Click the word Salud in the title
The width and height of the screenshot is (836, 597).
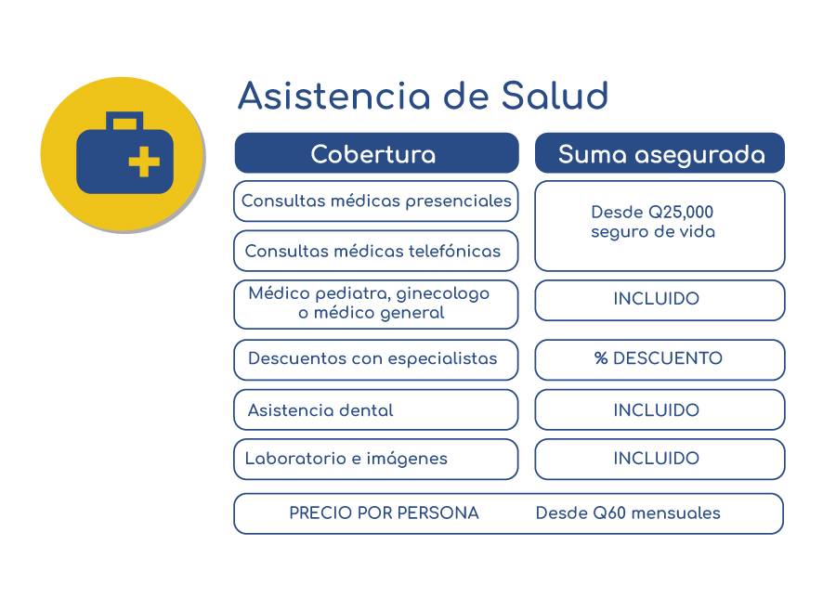pos(555,96)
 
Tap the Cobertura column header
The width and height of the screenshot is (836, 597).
pos(376,153)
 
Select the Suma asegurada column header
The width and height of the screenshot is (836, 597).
pos(660,153)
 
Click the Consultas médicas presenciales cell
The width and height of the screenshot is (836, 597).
pos(376,201)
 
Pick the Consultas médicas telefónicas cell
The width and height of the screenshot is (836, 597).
pos(376,251)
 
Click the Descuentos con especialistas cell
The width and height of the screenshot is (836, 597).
pos(376,360)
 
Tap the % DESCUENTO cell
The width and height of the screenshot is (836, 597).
pos(660,360)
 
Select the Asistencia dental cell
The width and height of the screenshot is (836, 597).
pos(376,409)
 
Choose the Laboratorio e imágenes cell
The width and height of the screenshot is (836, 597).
pos(376,459)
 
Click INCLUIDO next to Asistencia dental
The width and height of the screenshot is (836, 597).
pos(657,409)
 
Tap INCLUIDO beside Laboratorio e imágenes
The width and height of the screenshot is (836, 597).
pos(657,459)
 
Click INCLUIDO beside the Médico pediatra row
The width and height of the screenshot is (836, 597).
pos(657,299)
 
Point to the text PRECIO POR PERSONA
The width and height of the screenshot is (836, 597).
pos(384,513)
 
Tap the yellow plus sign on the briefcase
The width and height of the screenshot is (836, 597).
pos(144,161)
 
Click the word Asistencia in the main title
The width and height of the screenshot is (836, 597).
pos(334,96)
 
